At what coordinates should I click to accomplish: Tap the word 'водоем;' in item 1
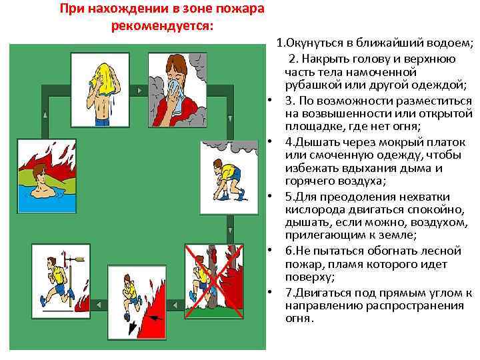(x=451, y=45)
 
